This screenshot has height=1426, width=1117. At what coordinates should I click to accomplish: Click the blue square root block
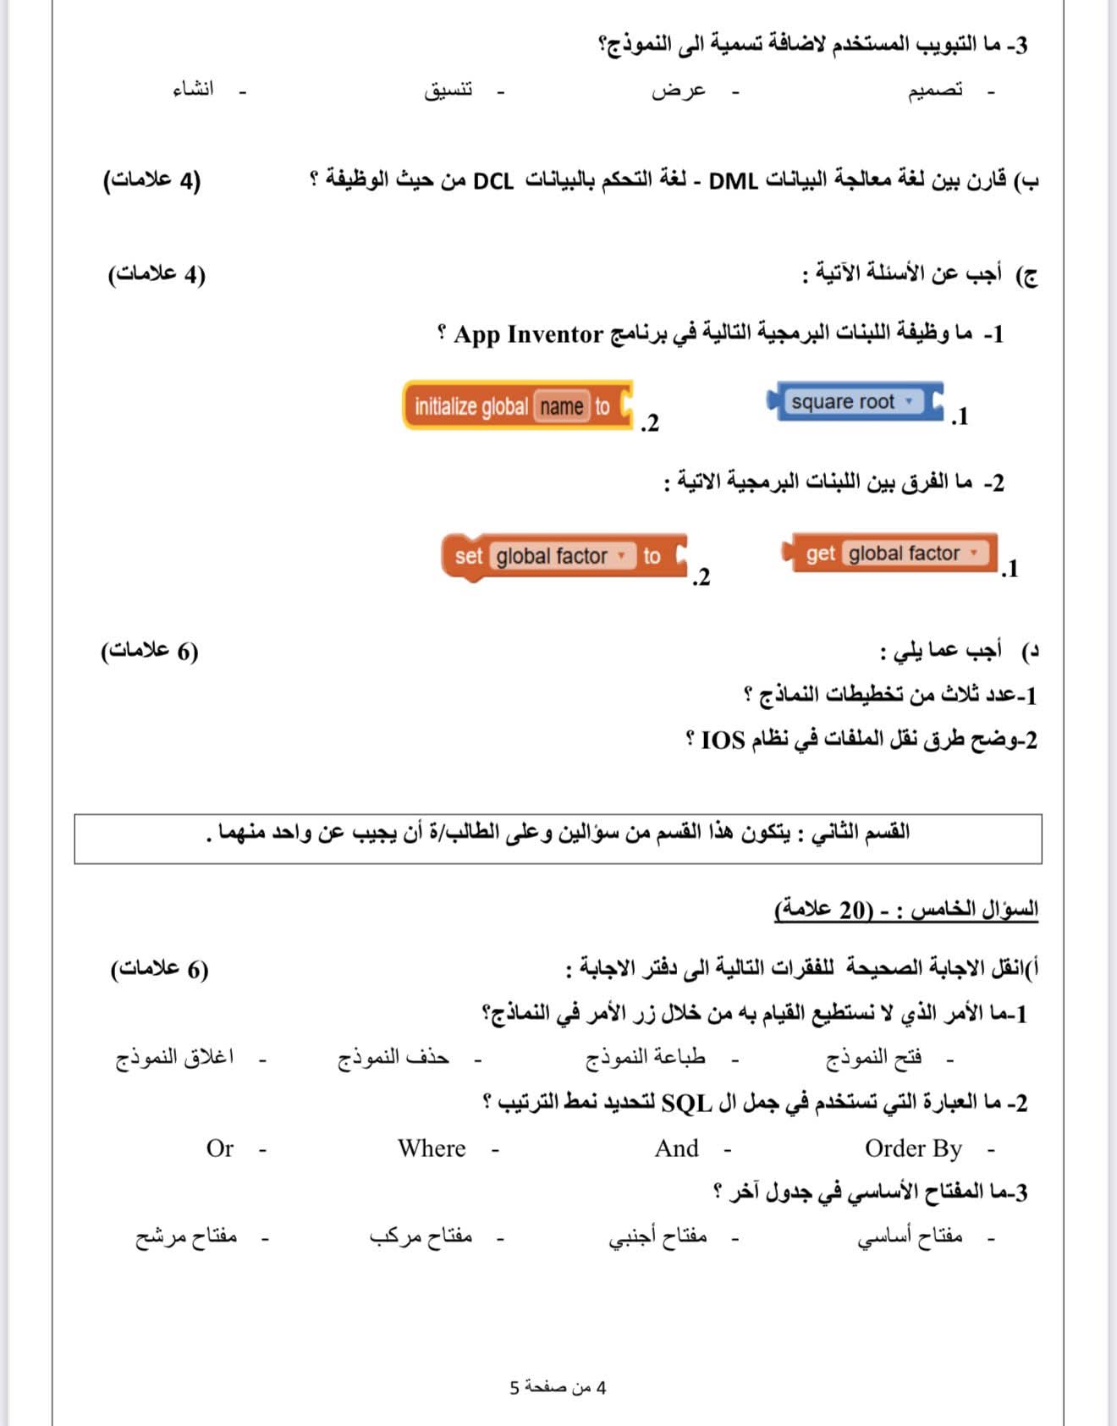coord(854,402)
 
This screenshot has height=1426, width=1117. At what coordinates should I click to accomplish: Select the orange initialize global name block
coord(517,406)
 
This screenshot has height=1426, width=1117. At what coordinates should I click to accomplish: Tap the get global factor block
coord(893,553)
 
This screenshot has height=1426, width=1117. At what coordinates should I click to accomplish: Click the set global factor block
coord(564,556)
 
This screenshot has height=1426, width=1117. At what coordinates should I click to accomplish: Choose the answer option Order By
coord(913,1148)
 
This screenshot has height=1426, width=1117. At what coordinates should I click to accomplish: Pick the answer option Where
coord(432,1148)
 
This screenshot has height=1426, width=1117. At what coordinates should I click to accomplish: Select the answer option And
coord(676,1148)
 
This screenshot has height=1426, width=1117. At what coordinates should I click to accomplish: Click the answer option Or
coord(219,1148)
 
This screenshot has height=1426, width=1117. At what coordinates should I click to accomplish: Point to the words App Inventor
coord(528,334)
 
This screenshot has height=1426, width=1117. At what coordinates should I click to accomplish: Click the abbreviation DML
coord(733,181)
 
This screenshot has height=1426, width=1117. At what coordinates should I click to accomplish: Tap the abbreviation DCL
coord(493,181)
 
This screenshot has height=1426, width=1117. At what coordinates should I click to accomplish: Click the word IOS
coord(723,741)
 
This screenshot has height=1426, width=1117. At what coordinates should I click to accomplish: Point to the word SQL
coord(686,1104)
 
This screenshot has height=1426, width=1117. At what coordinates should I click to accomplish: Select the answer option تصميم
coord(935,91)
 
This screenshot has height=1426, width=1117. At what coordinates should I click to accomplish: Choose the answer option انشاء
coord(194,90)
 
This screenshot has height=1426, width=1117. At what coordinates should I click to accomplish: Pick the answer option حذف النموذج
coord(393,1058)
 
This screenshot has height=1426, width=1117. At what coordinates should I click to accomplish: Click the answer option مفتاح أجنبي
coord(658,1237)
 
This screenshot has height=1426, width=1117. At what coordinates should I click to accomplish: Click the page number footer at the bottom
coord(558,1388)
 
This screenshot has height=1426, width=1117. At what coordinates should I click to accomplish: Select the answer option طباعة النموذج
coord(646,1058)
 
